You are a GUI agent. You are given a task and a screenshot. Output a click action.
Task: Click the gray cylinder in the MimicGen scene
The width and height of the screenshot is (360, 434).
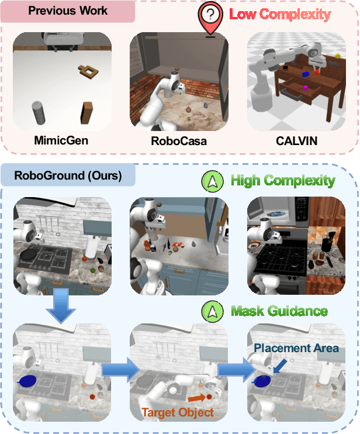pyautogui.click(x=39, y=112)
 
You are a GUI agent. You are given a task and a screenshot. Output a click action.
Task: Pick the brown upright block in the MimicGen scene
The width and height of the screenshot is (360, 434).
pyautogui.click(x=88, y=113)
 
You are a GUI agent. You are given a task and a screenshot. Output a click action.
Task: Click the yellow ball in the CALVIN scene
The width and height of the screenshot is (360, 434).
pyautogui.click(x=338, y=57)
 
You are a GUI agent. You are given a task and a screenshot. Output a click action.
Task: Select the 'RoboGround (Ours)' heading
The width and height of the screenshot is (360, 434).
pyautogui.click(x=69, y=175)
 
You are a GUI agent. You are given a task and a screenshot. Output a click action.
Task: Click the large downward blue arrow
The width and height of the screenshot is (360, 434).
pyautogui.click(x=61, y=305)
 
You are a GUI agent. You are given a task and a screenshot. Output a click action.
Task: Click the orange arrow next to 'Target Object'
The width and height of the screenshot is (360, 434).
pyautogui.click(x=197, y=399)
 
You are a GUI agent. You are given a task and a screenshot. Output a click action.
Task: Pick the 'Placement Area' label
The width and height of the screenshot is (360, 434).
pyautogui.click(x=296, y=348)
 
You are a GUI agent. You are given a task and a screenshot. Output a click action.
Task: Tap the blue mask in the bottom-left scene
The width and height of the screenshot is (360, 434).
pyautogui.click(x=27, y=381)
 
